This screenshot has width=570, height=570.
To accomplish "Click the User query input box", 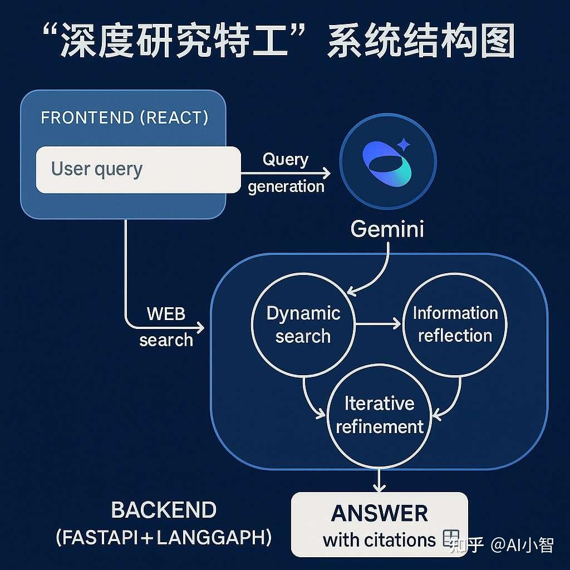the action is tap(138, 169).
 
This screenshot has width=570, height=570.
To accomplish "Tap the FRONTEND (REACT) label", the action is tap(125, 118).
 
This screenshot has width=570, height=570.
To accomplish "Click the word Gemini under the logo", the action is tap(387, 229).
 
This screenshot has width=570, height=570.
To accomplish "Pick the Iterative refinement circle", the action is tap(380, 415).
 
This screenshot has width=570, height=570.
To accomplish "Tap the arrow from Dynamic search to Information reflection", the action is tap(379, 324).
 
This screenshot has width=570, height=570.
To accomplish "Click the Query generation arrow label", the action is tap(286, 173).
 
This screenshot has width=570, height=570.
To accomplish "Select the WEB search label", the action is tap(166, 327).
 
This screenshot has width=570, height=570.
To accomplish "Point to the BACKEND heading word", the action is tap(164, 510).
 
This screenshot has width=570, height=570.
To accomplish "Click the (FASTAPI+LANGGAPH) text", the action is tap(164, 538).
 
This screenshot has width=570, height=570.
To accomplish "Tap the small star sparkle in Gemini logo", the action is tap(404, 146).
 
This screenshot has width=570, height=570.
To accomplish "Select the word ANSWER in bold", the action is tap(380, 513).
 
